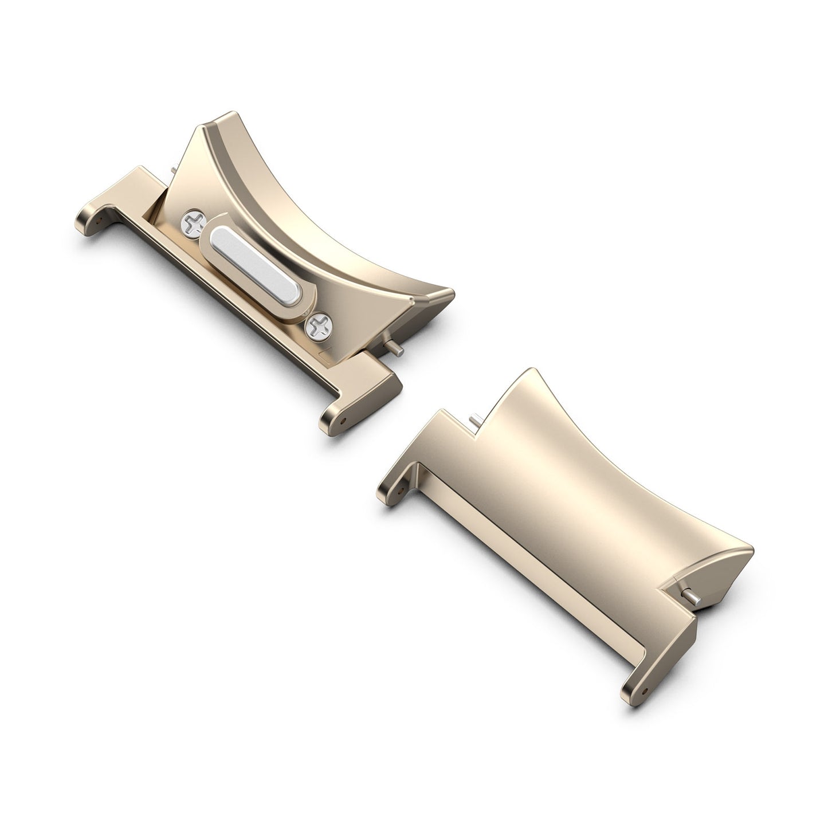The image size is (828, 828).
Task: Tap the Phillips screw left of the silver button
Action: click(190, 222)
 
